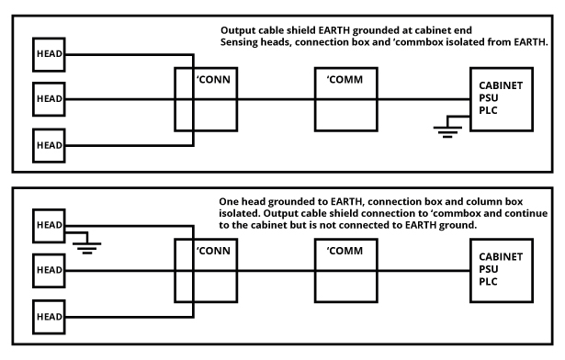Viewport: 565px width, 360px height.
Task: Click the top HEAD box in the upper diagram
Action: (x=49, y=53)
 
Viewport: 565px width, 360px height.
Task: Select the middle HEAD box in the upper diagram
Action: (x=49, y=98)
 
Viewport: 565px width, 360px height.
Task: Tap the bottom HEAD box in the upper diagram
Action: (x=49, y=143)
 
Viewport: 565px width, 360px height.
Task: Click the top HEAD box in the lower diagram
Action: (x=49, y=226)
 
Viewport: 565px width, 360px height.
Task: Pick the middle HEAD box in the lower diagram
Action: (x=49, y=271)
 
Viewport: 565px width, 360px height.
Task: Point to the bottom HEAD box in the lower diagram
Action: (x=49, y=316)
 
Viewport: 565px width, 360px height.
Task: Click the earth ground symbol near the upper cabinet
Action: (x=446, y=129)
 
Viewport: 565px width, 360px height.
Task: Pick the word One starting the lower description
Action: (x=230, y=200)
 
